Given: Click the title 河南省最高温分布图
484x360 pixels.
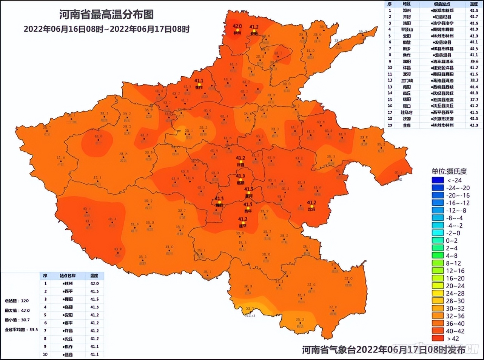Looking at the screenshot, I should coord(106,14).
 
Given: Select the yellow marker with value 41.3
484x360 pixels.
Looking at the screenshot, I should coord(240,180).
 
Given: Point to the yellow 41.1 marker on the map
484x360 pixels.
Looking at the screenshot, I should coord(199,85).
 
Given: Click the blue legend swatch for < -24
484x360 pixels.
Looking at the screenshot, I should coord(438,180).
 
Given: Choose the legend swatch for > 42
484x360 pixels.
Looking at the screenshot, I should coord(438,338).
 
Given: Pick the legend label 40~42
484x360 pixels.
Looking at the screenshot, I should coord(455,331).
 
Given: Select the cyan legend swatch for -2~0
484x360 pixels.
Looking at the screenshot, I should coord(438,233).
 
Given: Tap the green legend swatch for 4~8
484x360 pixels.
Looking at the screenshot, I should coord(438,256).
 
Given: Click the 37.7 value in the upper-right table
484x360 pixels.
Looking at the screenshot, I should coord(474,100).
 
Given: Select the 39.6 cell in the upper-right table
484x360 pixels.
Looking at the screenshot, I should coord(474,61).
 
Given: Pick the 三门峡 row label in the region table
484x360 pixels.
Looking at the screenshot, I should coord(407,80).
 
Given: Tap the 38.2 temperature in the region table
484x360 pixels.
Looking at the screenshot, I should coord(474,80).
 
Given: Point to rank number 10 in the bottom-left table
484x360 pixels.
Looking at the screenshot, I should coord(45,354).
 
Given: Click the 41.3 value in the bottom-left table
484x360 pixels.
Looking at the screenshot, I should coord(94,307).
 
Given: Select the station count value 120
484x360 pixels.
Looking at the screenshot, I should coord(25,301).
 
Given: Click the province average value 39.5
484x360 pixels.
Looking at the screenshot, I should coord(34,329).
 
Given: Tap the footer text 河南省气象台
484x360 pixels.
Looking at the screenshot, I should coord(328,350).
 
